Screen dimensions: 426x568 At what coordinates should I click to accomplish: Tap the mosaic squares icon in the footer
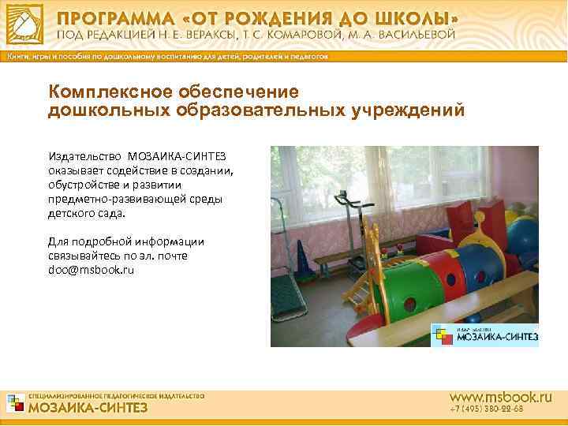[x=15, y=402]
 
